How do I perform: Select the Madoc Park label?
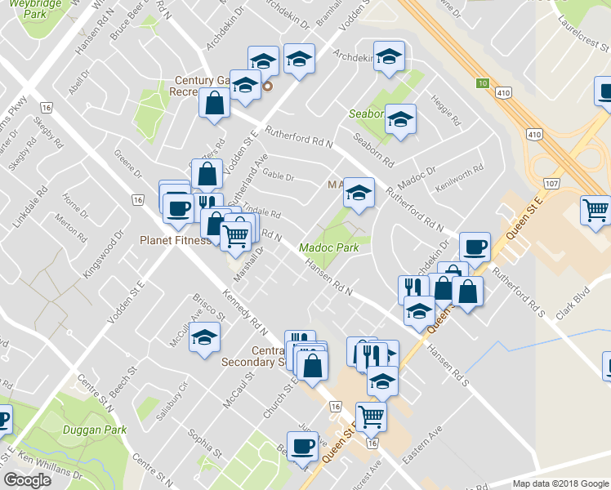pos(329,247)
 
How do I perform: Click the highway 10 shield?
pos(484,83)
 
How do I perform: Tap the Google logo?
pos(27,480)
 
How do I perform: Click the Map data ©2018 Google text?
pos(560,483)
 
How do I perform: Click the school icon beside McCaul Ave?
pos(204,336)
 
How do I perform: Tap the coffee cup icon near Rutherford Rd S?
pos(474,246)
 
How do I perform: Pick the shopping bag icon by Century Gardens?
pos(214,104)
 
